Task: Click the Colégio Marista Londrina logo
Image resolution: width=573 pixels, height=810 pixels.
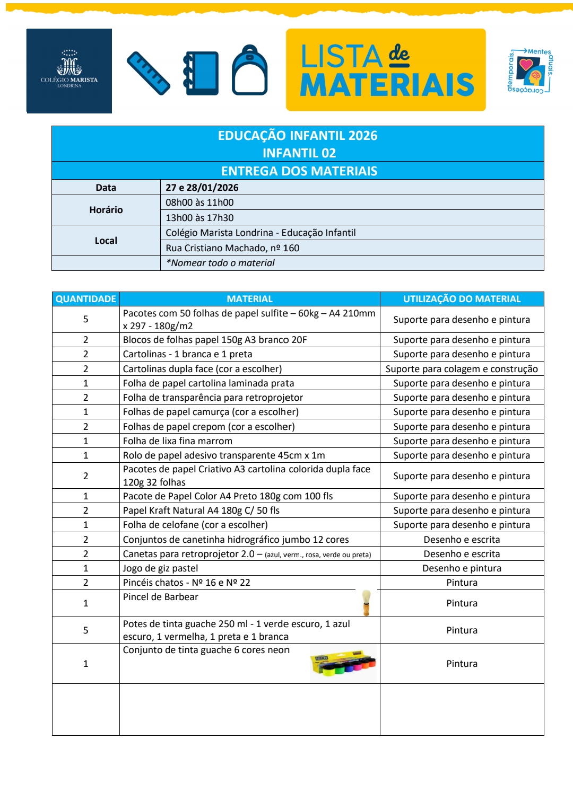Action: click(x=69, y=71)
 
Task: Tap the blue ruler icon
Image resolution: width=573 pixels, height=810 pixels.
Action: click(x=149, y=73)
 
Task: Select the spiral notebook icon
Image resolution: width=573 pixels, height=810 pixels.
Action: click(x=201, y=73)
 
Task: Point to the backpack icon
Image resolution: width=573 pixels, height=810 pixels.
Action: click(x=249, y=71)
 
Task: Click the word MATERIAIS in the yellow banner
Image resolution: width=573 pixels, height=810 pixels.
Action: click(x=387, y=85)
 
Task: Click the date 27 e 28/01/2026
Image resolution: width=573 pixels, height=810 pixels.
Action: click(x=202, y=188)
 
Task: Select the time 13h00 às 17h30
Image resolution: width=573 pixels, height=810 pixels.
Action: click(x=199, y=218)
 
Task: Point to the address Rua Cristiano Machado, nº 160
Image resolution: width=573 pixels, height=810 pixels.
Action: click(x=232, y=248)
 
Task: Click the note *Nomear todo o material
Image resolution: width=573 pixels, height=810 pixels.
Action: click(x=220, y=263)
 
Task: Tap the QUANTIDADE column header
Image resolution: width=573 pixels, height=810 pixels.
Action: click(x=86, y=299)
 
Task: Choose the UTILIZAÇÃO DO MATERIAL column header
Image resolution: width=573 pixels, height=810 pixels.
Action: click(x=462, y=299)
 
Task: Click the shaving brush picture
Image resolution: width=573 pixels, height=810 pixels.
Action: click(x=366, y=603)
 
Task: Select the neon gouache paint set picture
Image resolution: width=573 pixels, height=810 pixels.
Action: click(x=343, y=664)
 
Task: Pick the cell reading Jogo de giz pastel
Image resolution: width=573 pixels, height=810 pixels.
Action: click(x=161, y=568)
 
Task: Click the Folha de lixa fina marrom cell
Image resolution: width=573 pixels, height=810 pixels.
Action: click(x=178, y=441)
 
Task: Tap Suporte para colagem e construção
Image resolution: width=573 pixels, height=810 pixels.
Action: click(x=462, y=369)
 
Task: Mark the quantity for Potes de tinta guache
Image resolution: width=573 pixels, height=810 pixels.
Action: click(x=86, y=630)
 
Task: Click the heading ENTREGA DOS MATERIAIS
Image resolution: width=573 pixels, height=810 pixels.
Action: click(x=299, y=171)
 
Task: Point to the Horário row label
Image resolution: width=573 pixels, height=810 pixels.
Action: click(x=106, y=210)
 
